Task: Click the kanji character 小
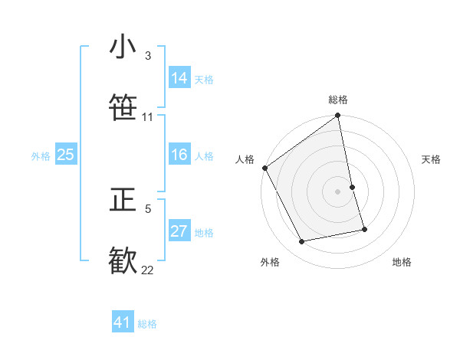(123, 47)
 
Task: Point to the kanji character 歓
(123, 260)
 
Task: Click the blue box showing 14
(179, 78)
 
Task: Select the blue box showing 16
(179, 155)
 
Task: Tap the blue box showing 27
(179, 231)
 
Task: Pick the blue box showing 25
(65, 155)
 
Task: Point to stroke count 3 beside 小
(148, 56)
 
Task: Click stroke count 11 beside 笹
(148, 117)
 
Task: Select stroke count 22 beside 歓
(148, 270)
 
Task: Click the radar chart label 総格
(338, 100)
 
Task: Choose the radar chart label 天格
(432, 159)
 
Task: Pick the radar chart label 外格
(269, 263)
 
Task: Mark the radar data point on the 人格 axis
(264, 168)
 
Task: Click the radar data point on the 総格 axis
(338, 116)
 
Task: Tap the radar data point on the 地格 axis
(364, 228)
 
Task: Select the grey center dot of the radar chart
(338, 191)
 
